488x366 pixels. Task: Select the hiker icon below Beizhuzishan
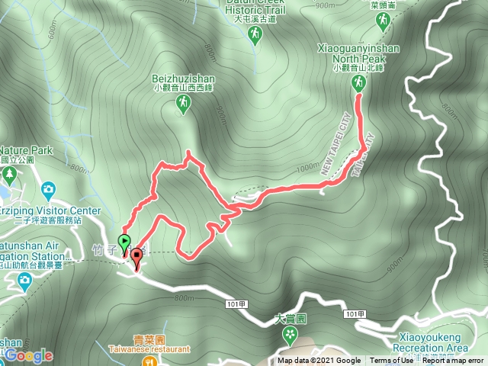(x=181, y=108)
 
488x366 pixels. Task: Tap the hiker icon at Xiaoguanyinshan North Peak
(x=358, y=85)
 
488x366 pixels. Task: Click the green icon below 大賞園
(x=289, y=334)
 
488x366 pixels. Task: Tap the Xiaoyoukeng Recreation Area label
(x=433, y=341)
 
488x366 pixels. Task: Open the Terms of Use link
(x=393, y=361)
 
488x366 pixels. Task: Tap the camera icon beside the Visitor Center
(x=48, y=188)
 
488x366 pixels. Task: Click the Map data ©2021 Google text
(x=319, y=361)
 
